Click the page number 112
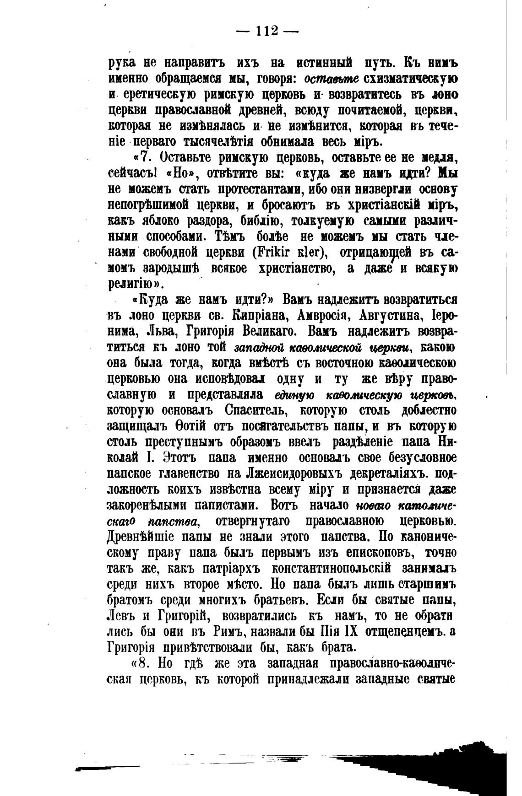[267, 31]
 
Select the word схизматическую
[410, 78]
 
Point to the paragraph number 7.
[145, 157]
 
